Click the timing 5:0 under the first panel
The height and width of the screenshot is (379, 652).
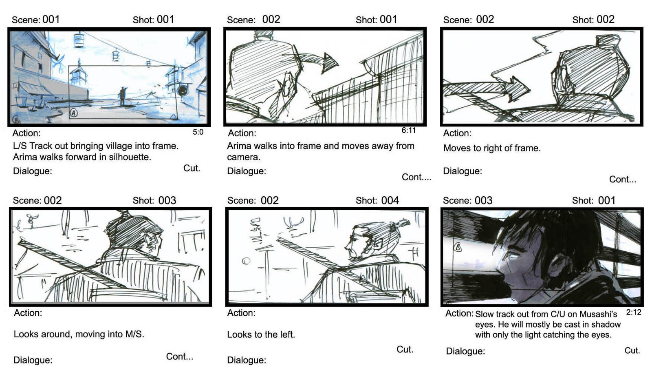coord(198,132)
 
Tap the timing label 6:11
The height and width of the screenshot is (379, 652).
coord(409,131)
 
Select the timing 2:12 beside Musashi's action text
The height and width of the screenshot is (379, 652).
coord(634,312)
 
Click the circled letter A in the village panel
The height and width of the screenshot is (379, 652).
coord(74,113)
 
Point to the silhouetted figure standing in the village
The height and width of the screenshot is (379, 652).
coord(123,97)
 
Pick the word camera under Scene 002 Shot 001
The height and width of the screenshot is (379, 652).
coord(244,157)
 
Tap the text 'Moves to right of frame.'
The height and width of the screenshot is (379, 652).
coord(492,148)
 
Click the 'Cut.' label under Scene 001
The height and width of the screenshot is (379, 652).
coord(192,168)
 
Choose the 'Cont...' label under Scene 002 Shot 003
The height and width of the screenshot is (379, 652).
coord(180,357)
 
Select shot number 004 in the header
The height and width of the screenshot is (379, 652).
coord(390,200)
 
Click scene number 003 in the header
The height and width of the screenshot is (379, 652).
coord(483,200)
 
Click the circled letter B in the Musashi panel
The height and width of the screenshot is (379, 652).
coord(458,248)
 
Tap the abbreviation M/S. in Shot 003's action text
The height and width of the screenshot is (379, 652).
coord(135,334)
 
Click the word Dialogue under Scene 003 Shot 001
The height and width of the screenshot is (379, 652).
coord(465,351)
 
